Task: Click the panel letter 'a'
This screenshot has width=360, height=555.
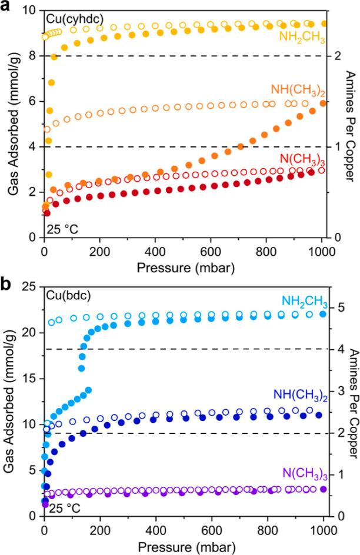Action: pyautogui.click(x=7, y=8)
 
